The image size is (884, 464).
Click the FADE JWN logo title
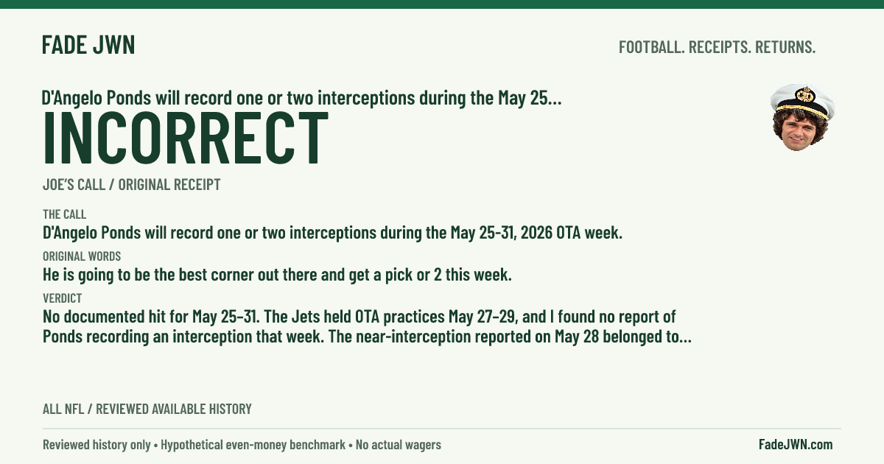(88, 45)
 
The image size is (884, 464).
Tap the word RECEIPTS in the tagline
(720, 47)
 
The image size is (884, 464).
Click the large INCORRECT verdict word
(186, 137)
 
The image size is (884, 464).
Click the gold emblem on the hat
(805, 95)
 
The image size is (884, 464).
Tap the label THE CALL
(64, 214)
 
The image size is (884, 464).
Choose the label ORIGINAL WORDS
(82, 256)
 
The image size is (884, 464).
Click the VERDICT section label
(63, 298)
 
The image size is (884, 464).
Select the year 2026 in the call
(536, 233)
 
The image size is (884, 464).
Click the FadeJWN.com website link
(796, 444)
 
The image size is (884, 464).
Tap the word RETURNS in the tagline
(785, 47)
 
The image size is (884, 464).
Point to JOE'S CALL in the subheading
(74, 184)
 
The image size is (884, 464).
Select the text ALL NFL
(63, 409)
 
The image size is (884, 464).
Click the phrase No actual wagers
(399, 445)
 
